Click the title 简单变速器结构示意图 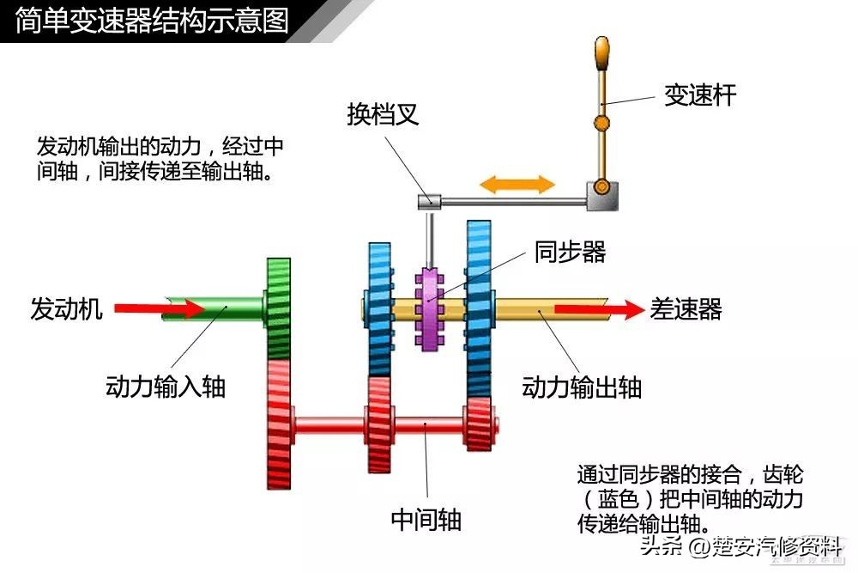[152, 20]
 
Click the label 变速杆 [699, 94]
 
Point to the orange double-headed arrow [517, 184]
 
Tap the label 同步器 [570, 252]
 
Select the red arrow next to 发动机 [147, 308]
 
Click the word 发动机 [66, 308]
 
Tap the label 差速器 [686, 309]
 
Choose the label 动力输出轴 [582, 387]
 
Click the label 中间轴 [426, 519]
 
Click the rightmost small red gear [478, 423]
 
